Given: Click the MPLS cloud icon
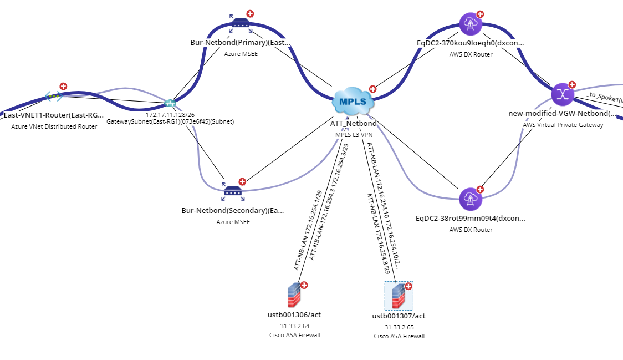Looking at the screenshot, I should [x=353, y=102].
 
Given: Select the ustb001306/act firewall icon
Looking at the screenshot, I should [x=294, y=296].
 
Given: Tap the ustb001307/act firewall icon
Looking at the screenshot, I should [x=399, y=296].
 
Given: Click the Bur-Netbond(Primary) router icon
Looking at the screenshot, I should [x=241, y=23].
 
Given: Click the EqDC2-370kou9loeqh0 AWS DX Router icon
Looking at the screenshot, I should [x=471, y=23].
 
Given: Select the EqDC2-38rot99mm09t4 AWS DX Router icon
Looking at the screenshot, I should [x=471, y=199].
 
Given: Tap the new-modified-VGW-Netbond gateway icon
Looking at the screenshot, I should [x=563, y=94].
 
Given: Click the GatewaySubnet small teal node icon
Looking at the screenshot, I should [x=170, y=103].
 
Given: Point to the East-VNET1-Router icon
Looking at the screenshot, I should [x=53, y=96].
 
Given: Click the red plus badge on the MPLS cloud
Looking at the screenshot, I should [x=373, y=88].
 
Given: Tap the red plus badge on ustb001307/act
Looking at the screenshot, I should [x=408, y=286].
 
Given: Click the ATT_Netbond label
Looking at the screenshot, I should [x=353, y=123].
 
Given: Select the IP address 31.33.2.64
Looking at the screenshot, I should [x=294, y=326].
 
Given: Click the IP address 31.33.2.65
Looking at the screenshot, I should [x=399, y=327].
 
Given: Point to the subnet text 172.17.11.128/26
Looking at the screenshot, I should [x=170, y=114].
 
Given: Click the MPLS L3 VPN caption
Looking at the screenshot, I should [x=353, y=134].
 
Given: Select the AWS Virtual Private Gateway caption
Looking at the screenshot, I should [x=563, y=125].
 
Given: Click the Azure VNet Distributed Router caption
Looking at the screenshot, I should [x=54, y=126].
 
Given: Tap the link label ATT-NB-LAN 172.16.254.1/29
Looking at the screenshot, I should [x=308, y=230].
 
